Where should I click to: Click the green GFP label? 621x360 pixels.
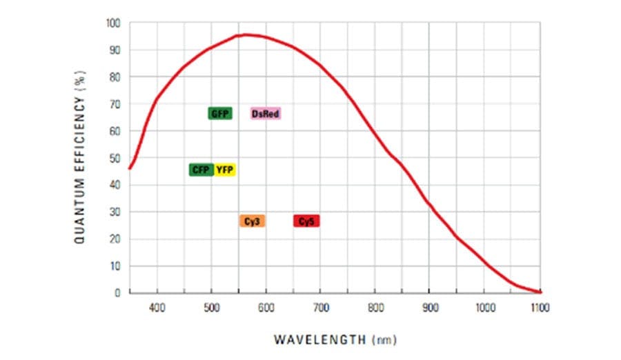[x=220, y=113]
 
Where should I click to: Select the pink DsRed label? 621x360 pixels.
[x=266, y=113]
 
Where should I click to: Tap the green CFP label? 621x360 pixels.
[x=201, y=170]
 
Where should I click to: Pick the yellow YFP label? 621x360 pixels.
[x=225, y=170]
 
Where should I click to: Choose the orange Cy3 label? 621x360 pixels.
[x=253, y=221]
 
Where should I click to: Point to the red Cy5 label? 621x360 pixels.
[x=306, y=221]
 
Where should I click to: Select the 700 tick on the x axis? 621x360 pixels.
[x=320, y=308]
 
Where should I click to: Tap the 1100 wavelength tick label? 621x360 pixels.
[x=540, y=308]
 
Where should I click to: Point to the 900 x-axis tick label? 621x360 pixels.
[x=429, y=308]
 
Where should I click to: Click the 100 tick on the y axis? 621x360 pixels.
[x=113, y=23]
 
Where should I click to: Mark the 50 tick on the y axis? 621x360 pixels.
[x=115, y=158]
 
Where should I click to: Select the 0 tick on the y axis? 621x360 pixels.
[x=118, y=292]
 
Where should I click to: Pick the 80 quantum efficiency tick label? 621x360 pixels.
[x=115, y=77]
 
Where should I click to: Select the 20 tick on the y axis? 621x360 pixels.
[x=115, y=239]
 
